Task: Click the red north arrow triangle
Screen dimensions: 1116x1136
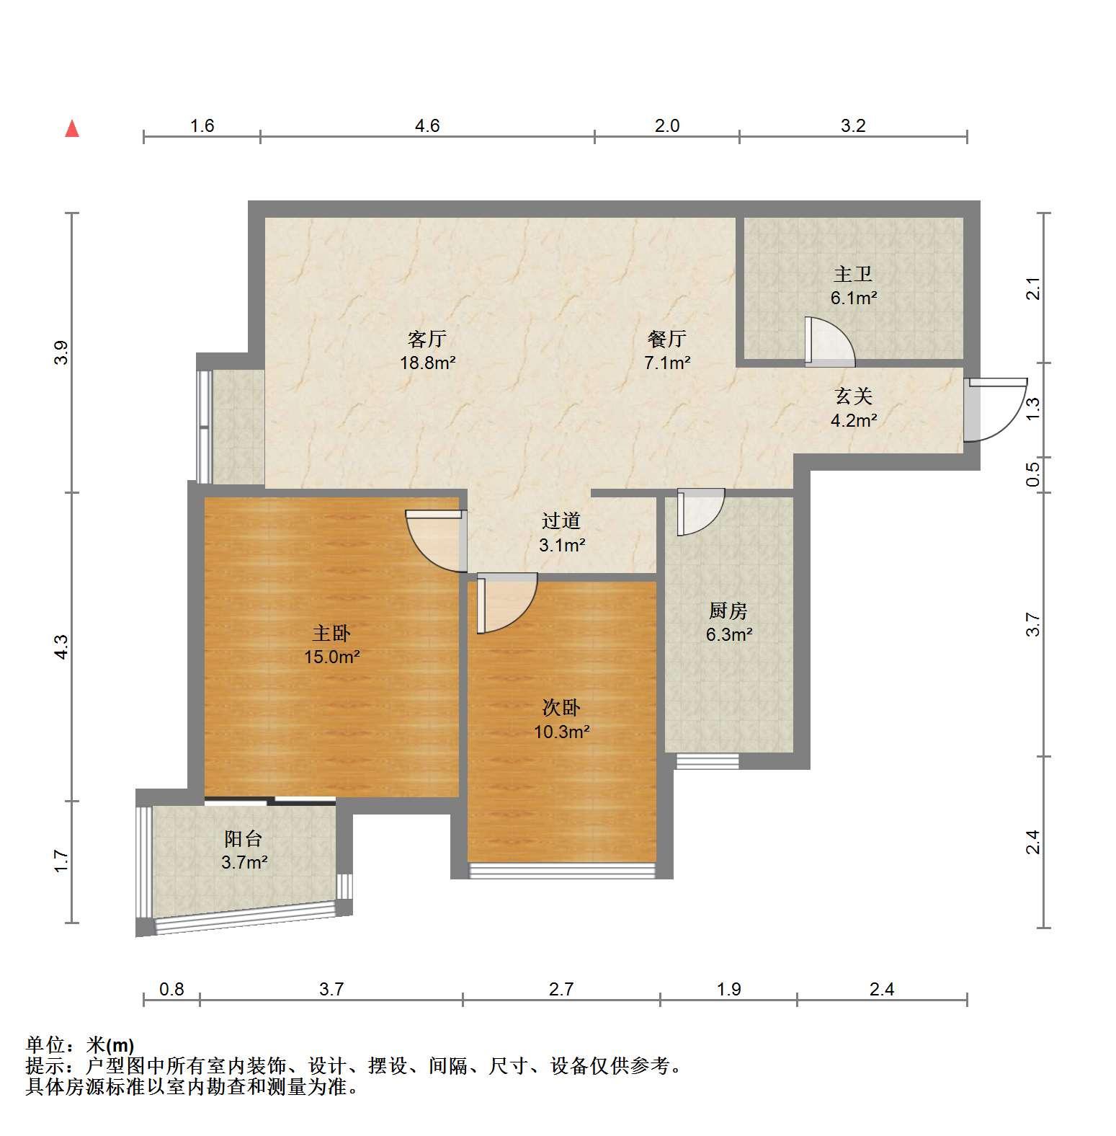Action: click(72, 128)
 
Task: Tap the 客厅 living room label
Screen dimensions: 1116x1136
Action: click(427, 338)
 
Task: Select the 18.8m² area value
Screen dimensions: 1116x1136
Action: click(428, 363)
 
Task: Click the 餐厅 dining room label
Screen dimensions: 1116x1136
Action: click(666, 338)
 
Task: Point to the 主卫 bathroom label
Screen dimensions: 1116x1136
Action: click(853, 274)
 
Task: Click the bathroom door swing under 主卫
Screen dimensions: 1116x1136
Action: click(830, 341)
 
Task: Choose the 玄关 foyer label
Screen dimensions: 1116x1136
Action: click(854, 396)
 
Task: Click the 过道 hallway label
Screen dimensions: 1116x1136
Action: click(561, 520)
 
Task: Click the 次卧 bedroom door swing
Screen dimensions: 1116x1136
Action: click(507, 603)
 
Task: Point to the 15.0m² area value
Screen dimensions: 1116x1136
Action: click(332, 657)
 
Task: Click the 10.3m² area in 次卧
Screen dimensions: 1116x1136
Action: click(562, 732)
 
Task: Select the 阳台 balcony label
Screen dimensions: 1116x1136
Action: click(244, 838)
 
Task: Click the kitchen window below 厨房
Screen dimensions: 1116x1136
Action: click(707, 761)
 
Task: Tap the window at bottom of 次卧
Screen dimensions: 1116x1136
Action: click(562, 870)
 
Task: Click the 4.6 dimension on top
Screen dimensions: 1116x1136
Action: click(427, 126)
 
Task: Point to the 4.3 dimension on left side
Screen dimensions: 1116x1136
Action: click(62, 646)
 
